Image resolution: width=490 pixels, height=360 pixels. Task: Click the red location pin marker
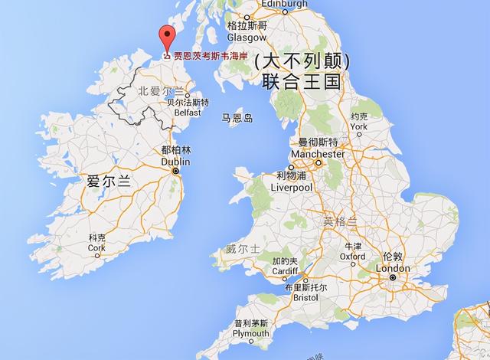click(165, 39)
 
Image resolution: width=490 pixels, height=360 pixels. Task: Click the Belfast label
click(188, 112)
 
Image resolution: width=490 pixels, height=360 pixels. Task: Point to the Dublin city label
click(175, 162)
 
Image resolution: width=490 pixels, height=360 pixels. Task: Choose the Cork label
click(96, 247)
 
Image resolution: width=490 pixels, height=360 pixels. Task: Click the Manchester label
click(318, 154)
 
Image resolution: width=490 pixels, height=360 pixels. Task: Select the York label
click(358, 126)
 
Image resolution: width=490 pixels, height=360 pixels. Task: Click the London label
click(392, 269)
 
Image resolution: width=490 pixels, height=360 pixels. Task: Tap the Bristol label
click(304, 296)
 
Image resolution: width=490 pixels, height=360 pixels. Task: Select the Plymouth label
click(251, 333)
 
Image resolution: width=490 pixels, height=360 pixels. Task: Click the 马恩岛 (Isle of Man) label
click(237, 119)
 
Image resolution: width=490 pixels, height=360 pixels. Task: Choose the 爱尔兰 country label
click(110, 182)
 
